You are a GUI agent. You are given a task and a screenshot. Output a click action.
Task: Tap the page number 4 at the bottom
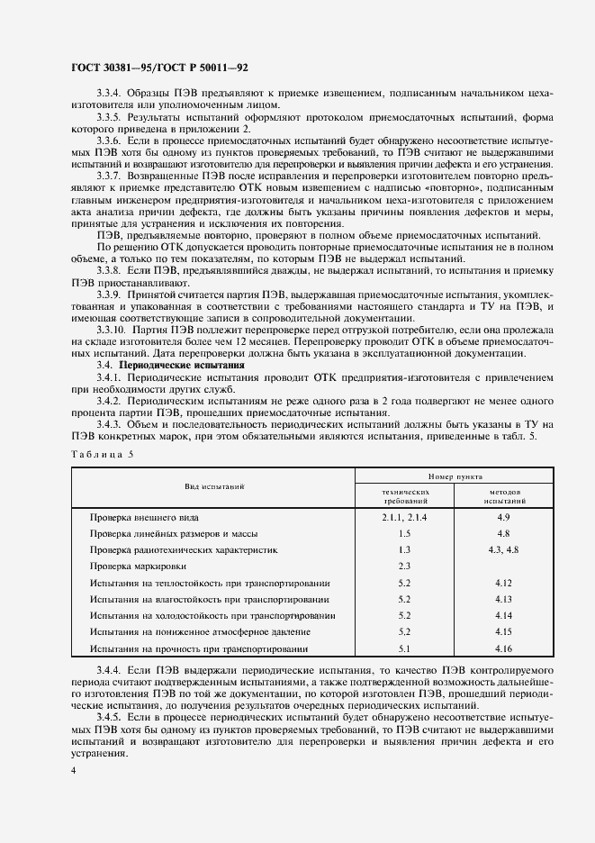(72, 771)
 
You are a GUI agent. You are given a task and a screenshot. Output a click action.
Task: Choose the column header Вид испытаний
(215, 486)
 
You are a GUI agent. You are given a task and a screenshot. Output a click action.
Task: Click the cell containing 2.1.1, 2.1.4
(403, 517)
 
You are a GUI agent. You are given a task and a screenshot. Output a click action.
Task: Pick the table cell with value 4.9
(503, 517)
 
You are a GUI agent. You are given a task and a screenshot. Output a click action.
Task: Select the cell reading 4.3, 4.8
(503, 549)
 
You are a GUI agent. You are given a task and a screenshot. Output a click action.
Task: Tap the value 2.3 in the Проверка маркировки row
(403, 566)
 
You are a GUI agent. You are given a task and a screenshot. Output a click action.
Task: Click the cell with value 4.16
(503, 648)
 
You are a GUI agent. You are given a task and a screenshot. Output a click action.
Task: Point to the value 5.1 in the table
(403, 648)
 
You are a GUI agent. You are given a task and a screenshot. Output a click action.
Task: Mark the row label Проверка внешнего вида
(144, 518)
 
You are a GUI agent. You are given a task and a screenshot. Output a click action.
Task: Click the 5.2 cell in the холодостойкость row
(403, 616)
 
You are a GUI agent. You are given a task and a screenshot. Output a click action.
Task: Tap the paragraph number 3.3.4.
(110, 93)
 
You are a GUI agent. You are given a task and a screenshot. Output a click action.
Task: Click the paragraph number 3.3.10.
(113, 331)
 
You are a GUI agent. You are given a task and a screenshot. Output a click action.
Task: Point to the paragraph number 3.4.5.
(110, 718)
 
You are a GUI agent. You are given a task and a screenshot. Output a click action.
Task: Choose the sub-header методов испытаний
(503, 496)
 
